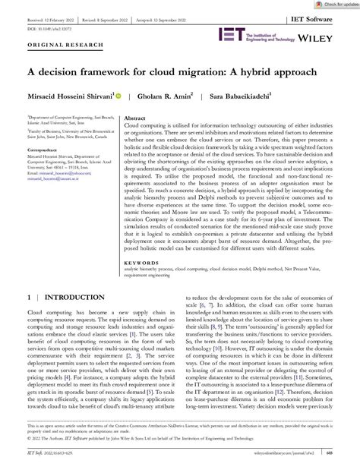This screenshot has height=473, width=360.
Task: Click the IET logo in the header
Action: tap(231, 35)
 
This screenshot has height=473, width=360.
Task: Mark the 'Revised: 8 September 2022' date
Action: tap(124, 16)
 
